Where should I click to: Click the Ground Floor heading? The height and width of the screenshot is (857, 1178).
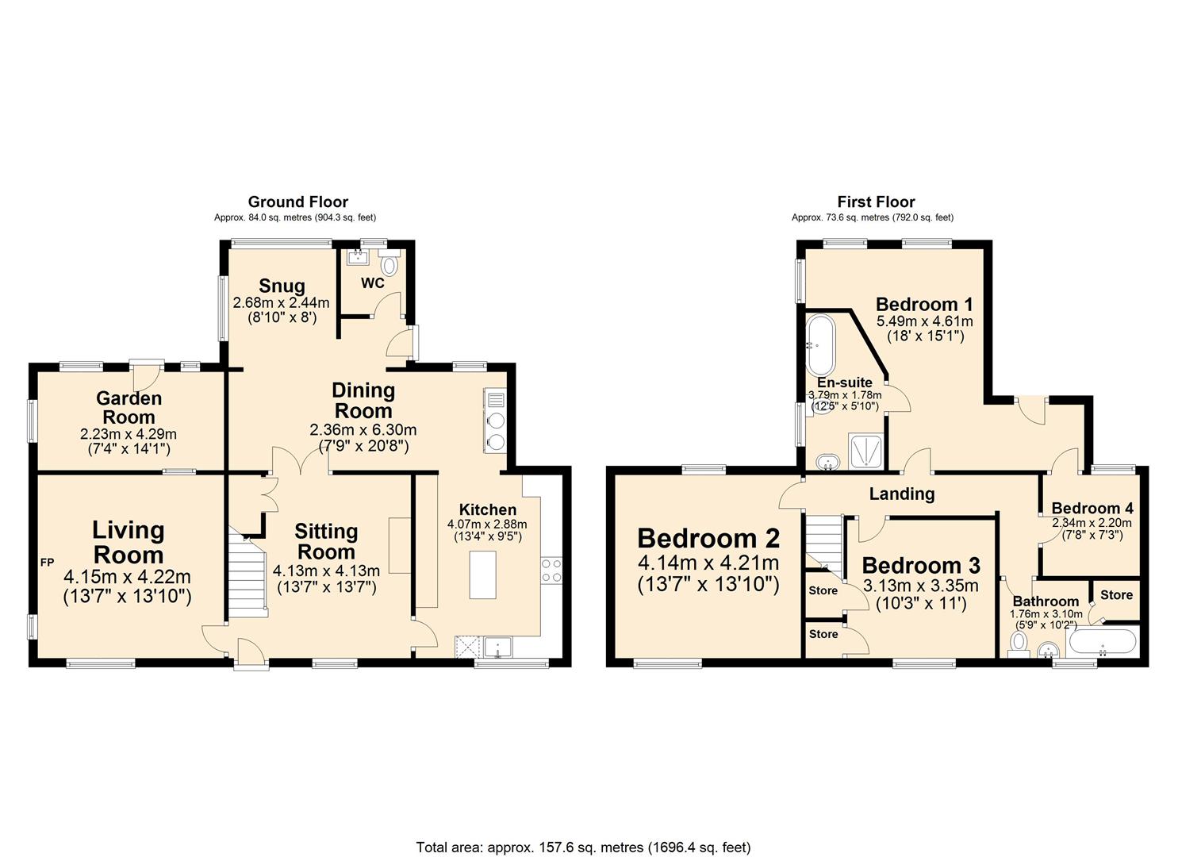[297, 202]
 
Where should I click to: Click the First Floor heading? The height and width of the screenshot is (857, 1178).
[876, 202]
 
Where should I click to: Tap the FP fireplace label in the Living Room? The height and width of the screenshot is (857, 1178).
[48, 563]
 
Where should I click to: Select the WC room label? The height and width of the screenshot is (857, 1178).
[373, 283]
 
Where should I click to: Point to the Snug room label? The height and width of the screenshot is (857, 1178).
[282, 286]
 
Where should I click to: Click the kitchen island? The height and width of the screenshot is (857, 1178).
[482, 575]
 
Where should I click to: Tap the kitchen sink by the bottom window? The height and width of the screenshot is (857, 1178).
[497, 647]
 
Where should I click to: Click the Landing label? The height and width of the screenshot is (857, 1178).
[902, 494]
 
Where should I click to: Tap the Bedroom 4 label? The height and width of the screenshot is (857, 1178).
[1092, 508]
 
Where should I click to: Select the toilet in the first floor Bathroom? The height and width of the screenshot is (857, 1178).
[1019, 642]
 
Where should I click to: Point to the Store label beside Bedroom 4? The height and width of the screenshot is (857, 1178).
[1116, 594]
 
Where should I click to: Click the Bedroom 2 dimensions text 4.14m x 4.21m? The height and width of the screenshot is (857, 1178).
[708, 563]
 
